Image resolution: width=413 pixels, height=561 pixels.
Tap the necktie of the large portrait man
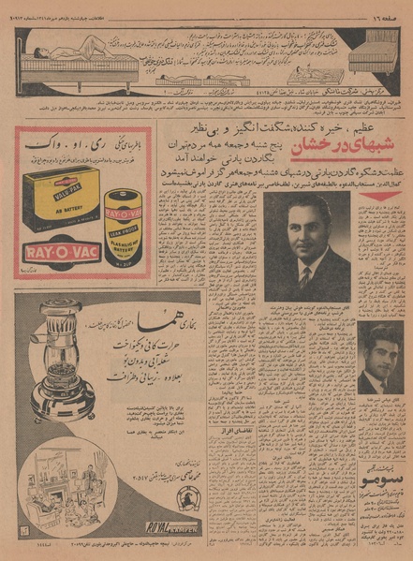pyautogui.click(x=304, y=278)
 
